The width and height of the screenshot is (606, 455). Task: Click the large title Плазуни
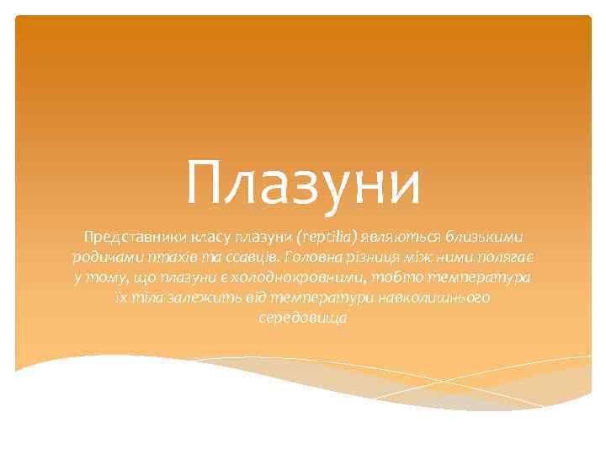(303, 183)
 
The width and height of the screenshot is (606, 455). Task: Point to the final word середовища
(303, 320)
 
